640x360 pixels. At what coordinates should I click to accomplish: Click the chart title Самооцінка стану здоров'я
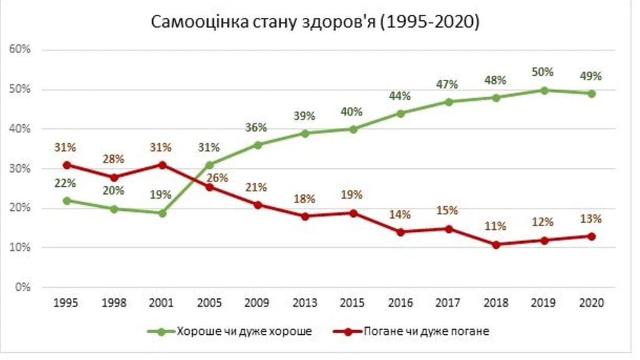coord(315,22)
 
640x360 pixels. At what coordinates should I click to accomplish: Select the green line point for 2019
coord(544,90)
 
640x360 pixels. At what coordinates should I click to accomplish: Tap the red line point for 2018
coord(496,244)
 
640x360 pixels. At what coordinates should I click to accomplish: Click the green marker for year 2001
coord(162,213)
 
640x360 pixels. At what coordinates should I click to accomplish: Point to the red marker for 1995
coord(66,165)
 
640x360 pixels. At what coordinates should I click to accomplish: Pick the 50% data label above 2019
coord(543,72)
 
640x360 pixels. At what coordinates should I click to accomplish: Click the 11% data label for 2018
coord(496,226)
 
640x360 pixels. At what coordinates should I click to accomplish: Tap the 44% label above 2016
coord(399,96)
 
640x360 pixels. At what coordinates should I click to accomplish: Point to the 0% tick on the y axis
coord(22,287)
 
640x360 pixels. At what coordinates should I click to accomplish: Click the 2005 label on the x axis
coord(209,303)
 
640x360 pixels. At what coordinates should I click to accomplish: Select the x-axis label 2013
coord(304,303)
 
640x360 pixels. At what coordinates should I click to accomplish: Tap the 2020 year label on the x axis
coord(591,303)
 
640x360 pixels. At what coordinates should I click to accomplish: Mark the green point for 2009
coord(257,145)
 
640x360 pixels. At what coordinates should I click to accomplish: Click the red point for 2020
coord(592,236)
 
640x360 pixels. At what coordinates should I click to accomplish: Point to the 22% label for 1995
coord(66,184)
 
